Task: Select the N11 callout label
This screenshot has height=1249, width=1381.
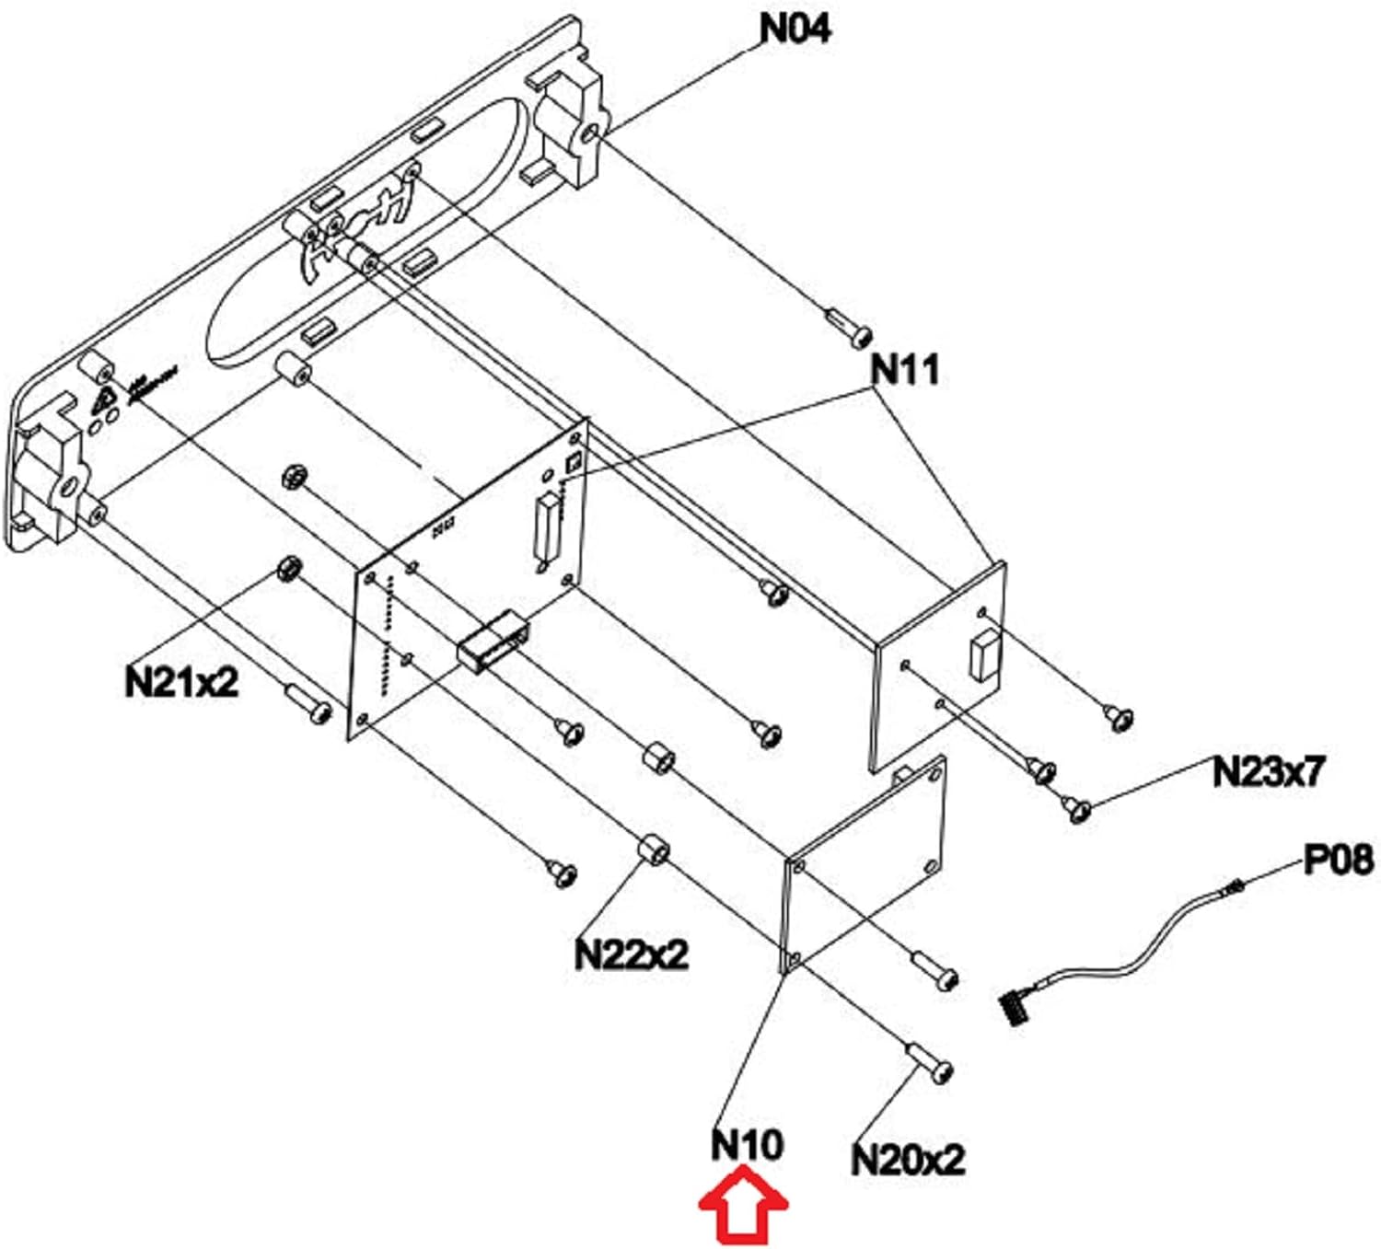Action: click(905, 369)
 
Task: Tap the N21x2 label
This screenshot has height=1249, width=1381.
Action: click(181, 682)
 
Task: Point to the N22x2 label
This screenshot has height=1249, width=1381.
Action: click(631, 954)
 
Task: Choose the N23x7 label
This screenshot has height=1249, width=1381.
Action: click(1268, 771)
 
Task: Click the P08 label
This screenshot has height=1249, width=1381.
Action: click(1338, 860)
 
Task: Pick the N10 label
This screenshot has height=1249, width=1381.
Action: click(747, 1145)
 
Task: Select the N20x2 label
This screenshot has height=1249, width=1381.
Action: click(908, 1159)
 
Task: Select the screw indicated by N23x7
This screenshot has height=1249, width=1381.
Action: click(1077, 809)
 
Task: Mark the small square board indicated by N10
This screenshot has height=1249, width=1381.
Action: click(865, 865)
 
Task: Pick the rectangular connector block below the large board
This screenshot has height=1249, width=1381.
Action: click(493, 642)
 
